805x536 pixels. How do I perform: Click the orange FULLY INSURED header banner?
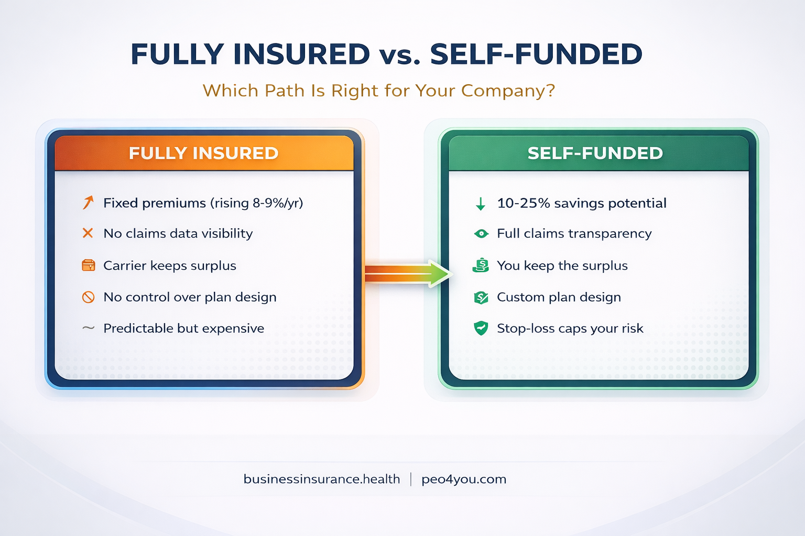tap(204, 153)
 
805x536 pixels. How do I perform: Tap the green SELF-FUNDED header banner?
tap(595, 153)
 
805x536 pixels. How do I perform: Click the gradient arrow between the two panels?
tap(407, 273)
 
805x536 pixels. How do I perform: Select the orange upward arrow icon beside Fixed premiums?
tap(88, 203)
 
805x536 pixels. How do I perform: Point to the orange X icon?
tap(88, 233)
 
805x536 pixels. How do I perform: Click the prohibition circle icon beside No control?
tap(88, 297)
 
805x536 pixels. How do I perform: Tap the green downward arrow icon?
tap(481, 203)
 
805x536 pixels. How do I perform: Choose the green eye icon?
tap(481, 233)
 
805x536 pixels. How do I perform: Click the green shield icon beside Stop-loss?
tap(481, 328)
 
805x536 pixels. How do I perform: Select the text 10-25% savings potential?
tap(581, 203)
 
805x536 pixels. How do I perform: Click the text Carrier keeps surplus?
tap(170, 265)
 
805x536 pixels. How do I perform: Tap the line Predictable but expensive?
tap(183, 328)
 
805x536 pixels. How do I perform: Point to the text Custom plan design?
tap(559, 297)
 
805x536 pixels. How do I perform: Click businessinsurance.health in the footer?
tap(322, 479)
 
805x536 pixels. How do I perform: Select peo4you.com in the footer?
tap(464, 479)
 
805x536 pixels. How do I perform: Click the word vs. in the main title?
tap(400, 54)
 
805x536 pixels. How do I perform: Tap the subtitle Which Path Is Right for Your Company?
tap(378, 91)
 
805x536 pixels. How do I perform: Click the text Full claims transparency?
tap(574, 233)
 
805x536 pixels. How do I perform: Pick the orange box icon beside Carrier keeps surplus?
tap(88, 265)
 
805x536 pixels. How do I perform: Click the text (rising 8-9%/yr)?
tap(257, 203)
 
